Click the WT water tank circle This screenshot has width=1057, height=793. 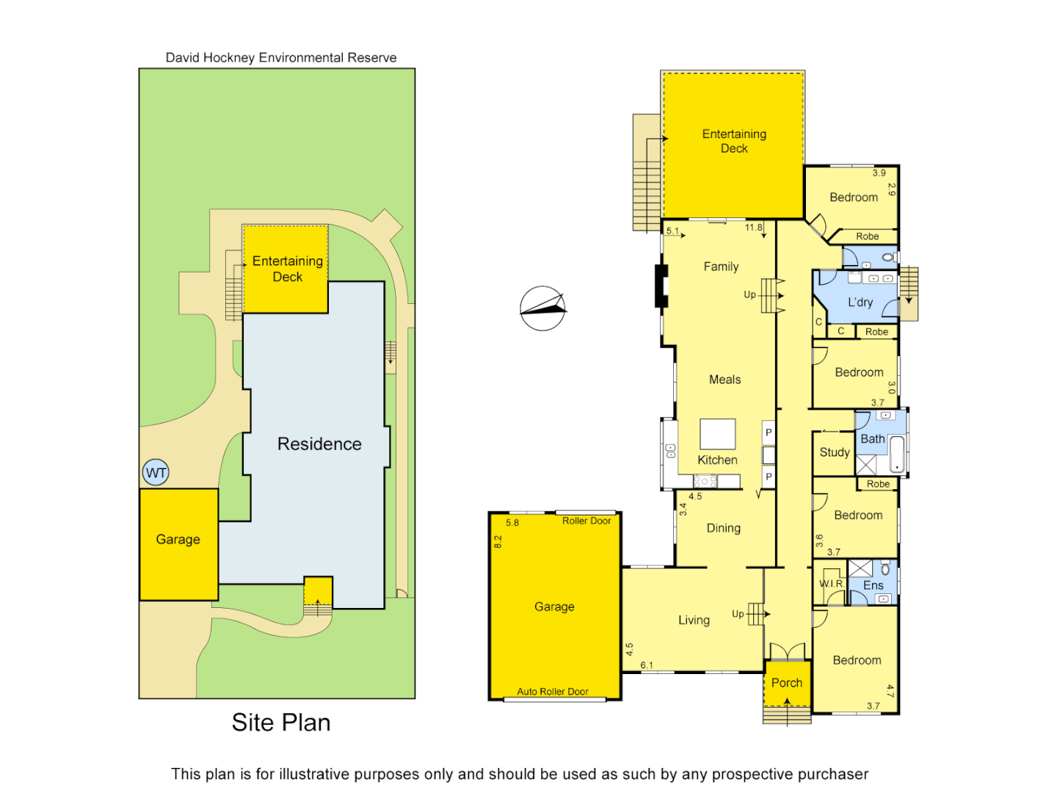pyautogui.click(x=156, y=472)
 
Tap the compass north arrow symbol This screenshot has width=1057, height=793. pyautogui.click(x=542, y=308)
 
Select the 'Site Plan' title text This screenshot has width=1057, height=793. pyautogui.click(x=280, y=723)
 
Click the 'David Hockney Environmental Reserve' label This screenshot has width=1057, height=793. pyautogui.click(x=280, y=57)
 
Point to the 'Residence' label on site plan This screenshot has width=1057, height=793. pyautogui.click(x=319, y=444)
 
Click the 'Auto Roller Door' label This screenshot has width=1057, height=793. pyautogui.click(x=552, y=692)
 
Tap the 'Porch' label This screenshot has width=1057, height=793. pyautogui.click(x=786, y=683)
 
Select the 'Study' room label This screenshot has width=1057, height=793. pyautogui.click(x=834, y=452)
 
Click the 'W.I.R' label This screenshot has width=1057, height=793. pyautogui.click(x=831, y=584)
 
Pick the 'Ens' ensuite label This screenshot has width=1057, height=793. pyautogui.click(x=873, y=585)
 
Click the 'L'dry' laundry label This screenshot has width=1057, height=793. pyautogui.click(x=860, y=303)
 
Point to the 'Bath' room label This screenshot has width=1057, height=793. pyautogui.click(x=872, y=439)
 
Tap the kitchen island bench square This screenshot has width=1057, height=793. pyautogui.click(x=717, y=434)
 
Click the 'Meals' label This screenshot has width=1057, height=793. pyautogui.click(x=724, y=380)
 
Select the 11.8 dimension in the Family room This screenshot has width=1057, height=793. pyautogui.click(x=753, y=228)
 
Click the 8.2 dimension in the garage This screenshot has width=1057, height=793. pyautogui.click(x=498, y=542)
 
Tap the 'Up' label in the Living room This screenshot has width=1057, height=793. pyautogui.click(x=738, y=614)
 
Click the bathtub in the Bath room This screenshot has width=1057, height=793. pyautogui.click(x=896, y=454)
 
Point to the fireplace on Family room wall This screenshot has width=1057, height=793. pyautogui.click(x=661, y=285)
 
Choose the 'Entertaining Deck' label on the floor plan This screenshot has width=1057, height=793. pyautogui.click(x=734, y=141)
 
